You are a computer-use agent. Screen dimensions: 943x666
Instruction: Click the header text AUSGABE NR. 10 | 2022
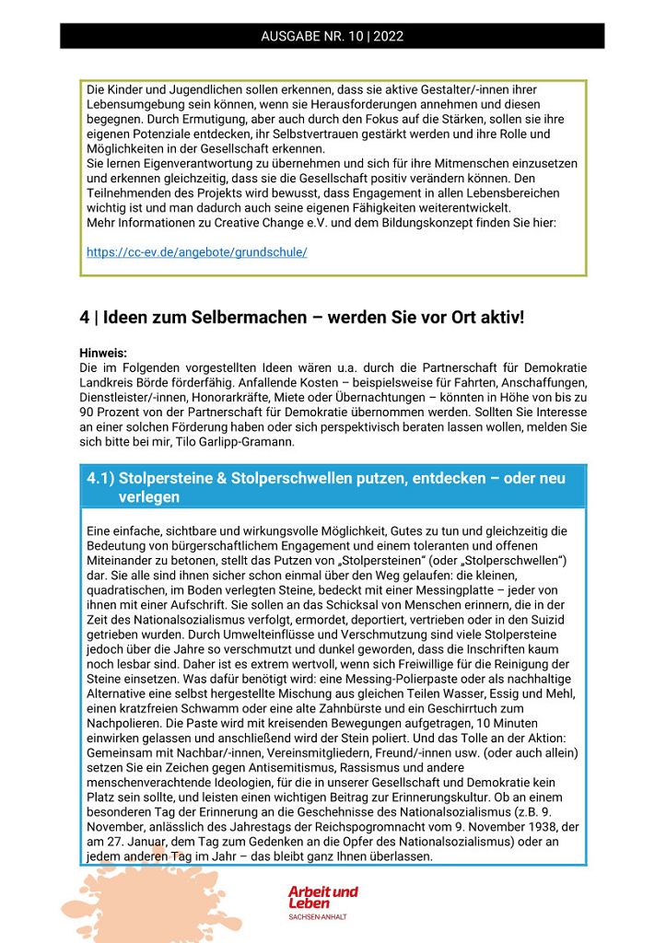333,37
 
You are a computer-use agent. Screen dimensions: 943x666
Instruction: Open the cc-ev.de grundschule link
197,251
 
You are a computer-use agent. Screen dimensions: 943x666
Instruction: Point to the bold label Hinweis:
102,353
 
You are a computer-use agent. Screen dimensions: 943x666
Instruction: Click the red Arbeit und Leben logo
322,897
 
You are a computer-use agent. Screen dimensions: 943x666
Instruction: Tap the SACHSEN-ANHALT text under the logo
318,917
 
